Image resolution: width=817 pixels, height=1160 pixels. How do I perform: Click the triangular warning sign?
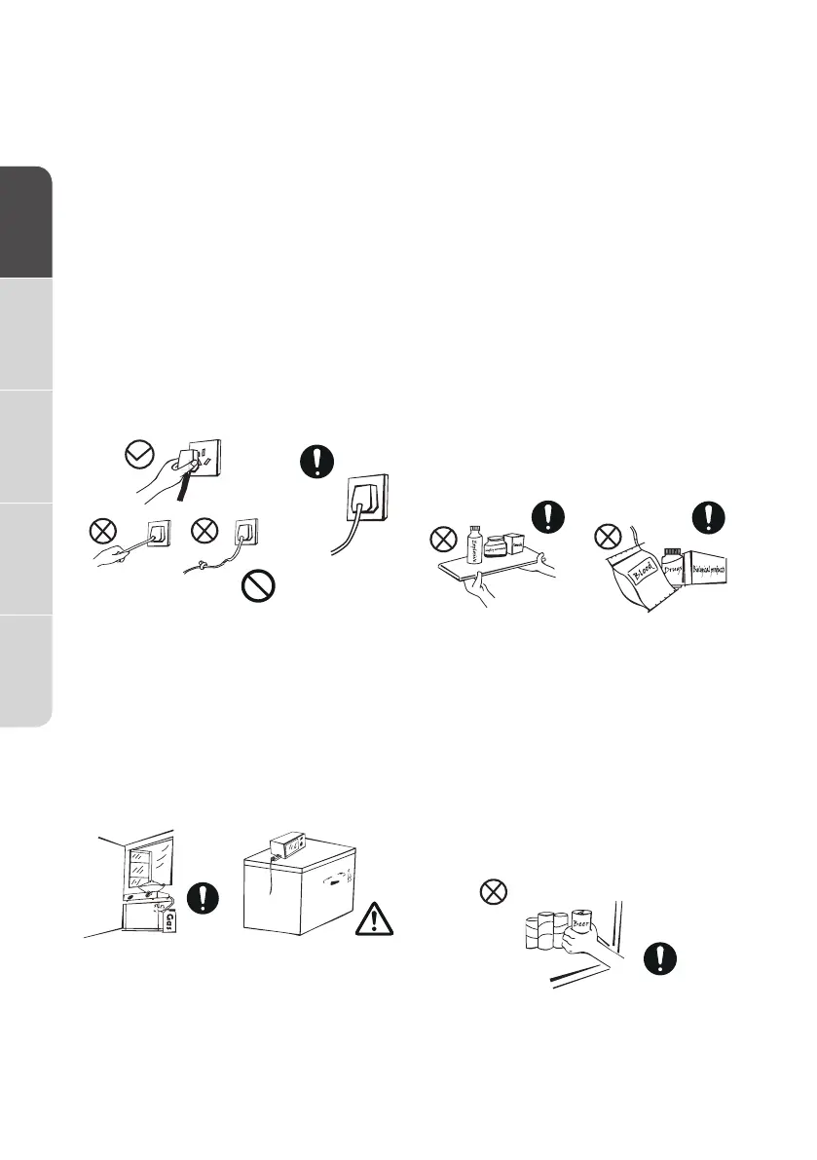(x=375, y=919)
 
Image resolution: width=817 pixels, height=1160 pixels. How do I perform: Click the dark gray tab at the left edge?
(x=25, y=223)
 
